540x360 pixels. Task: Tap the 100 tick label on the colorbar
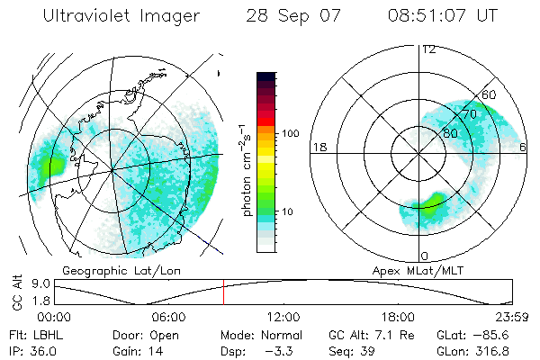[x=290, y=133]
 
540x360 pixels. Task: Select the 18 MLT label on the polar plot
[x=318, y=147]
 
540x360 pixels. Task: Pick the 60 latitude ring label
[x=490, y=94]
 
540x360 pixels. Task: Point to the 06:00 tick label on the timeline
[x=168, y=318]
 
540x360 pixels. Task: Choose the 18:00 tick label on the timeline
[x=398, y=318]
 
